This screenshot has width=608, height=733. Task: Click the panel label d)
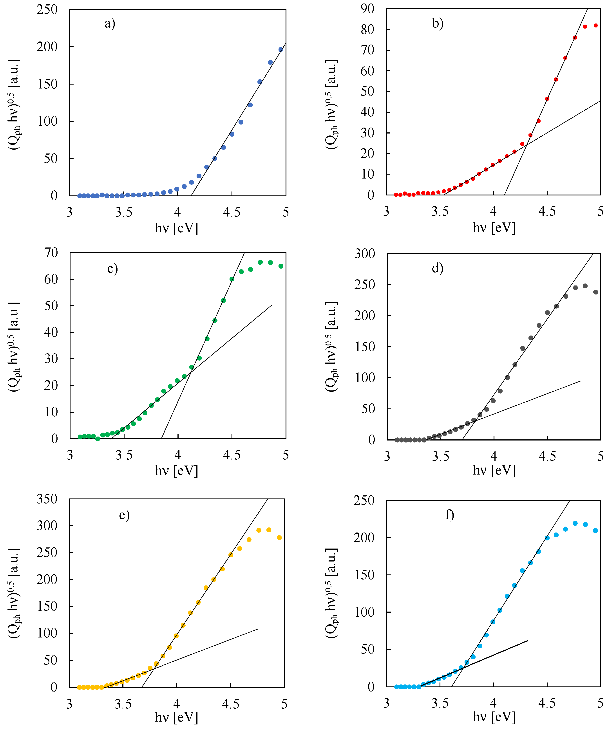point(438,268)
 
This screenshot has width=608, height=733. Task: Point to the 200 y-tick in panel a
point(47,47)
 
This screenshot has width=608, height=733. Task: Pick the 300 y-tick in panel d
point(365,254)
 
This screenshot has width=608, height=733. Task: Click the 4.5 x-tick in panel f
point(547,703)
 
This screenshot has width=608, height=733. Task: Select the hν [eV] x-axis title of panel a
point(177,228)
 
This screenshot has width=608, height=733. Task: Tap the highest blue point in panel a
point(281,50)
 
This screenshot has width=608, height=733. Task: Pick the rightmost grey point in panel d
point(595,292)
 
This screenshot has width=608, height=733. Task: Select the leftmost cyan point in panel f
point(396,687)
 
